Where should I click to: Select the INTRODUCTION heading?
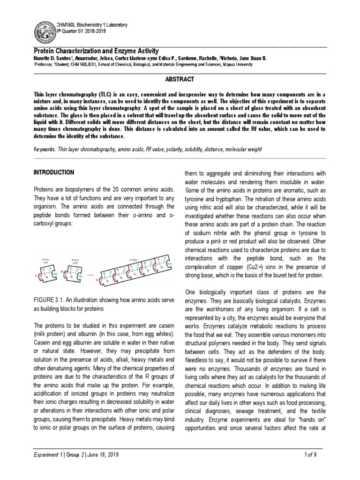pyautogui.click(x=53, y=172)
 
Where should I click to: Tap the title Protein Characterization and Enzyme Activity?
pyautogui.click(x=97, y=51)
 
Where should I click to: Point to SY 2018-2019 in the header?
pyautogui.click(x=83, y=30)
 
